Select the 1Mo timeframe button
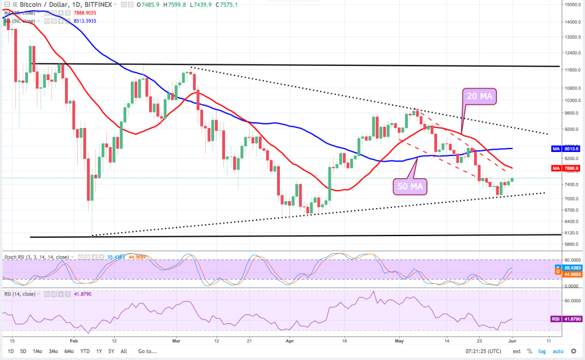coord(37,351)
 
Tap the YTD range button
coord(85,351)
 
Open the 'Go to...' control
coord(147,351)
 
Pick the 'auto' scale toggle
coord(558,351)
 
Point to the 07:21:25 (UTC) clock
coord(483,351)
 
